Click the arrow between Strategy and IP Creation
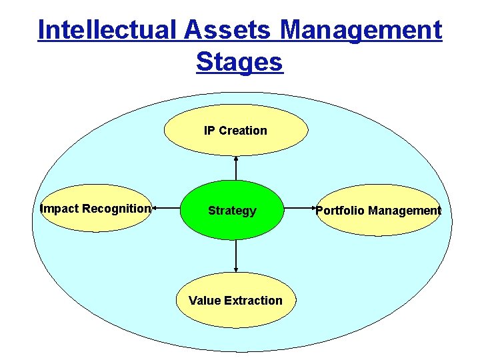pos(236,168)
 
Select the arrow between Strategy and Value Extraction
pos(236,255)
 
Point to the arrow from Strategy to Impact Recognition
pos(167,209)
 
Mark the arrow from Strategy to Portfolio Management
pos(300,209)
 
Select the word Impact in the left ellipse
pos(59,209)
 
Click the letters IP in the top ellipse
pos(209,131)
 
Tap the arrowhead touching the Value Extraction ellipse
pos(236,269)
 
